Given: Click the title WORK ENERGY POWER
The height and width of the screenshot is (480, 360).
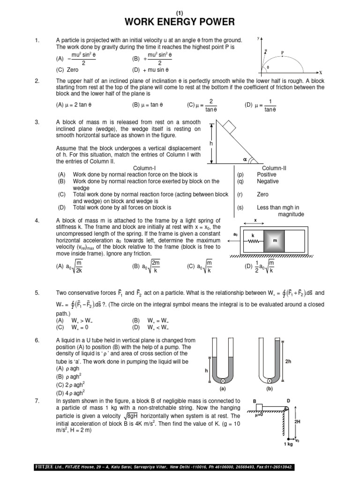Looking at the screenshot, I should pos(180,22).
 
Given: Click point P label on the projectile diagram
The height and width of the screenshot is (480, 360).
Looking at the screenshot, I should pos(282,52).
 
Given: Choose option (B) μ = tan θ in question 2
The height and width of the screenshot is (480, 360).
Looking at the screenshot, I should pos(150,105).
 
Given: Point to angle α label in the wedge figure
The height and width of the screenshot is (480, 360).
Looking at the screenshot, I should pos(245,159).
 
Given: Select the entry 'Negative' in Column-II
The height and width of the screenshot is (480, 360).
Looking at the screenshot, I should pos(267,181).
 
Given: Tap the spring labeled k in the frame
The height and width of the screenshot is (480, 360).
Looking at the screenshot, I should pos(253,240).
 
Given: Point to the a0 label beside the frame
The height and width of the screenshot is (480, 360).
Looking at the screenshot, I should pos(235,233).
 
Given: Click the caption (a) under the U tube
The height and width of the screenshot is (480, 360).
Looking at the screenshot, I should pos(223,389).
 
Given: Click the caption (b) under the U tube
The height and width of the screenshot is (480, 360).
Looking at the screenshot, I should pos(269,389).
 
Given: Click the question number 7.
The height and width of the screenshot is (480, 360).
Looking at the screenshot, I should pos(37,401).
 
